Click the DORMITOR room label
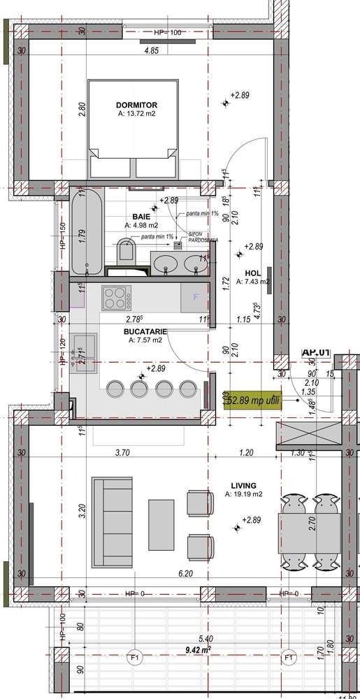pyautogui.click(x=136, y=105)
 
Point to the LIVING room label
pyautogui.click(x=243, y=485)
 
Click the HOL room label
pyautogui.click(x=252, y=273)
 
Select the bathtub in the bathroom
pyautogui.click(x=87, y=233)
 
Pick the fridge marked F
pyautogui.click(x=196, y=297)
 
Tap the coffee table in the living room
pyautogui.click(x=161, y=524)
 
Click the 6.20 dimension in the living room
pyautogui.click(x=185, y=573)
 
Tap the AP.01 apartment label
pyautogui.click(x=315, y=353)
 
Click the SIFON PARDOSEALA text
pyautogui.click(x=203, y=238)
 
